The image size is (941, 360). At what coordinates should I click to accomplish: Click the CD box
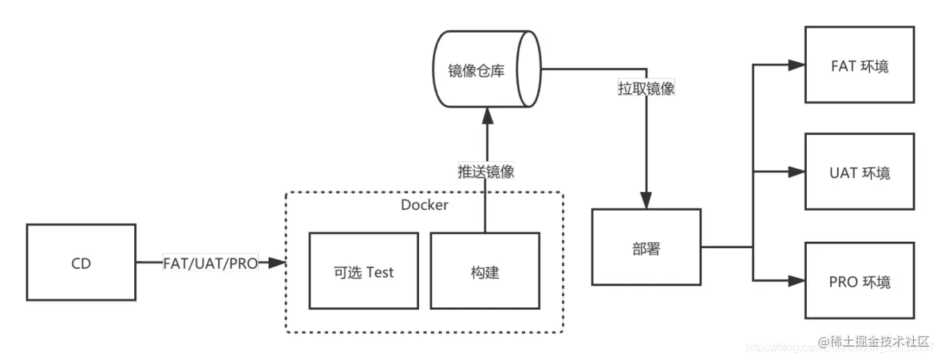click(81, 263)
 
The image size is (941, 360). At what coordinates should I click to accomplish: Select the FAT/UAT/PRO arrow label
click(210, 263)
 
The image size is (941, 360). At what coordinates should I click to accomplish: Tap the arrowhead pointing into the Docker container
click(277, 263)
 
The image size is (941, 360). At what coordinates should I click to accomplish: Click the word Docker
click(424, 205)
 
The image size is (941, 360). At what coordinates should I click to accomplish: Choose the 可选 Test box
click(363, 271)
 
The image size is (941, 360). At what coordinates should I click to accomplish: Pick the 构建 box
click(484, 271)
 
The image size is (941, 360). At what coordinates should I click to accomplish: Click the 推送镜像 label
click(485, 172)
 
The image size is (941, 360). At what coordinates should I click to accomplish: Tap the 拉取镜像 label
click(646, 89)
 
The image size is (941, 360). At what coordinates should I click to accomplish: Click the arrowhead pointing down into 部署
click(646, 201)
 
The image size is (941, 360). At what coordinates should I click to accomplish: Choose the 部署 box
click(646, 247)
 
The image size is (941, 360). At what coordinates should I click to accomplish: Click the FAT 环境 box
click(859, 65)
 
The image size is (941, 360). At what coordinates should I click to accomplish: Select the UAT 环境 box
click(859, 172)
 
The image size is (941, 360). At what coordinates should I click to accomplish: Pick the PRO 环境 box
click(859, 281)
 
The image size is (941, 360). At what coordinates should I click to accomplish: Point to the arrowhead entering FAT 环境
click(796, 65)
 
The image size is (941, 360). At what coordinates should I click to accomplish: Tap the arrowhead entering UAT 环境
click(796, 172)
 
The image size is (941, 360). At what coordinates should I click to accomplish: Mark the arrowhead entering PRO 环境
click(796, 281)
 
